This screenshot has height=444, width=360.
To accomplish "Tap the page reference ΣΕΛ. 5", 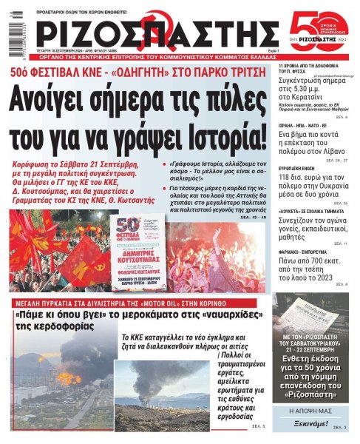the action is pyautogui.click(x=258, y=427).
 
